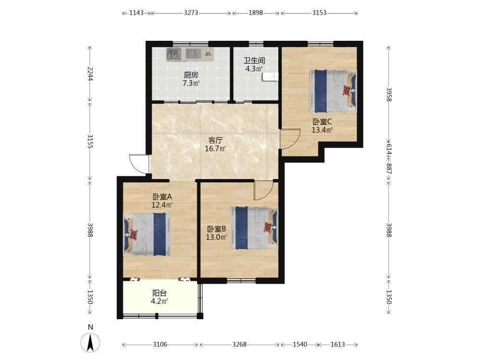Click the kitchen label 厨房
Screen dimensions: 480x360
click(191, 75)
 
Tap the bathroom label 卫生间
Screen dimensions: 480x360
click(254, 60)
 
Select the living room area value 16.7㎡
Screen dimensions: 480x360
click(215, 149)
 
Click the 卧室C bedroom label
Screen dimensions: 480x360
click(322, 122)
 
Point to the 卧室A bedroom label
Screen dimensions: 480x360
click(162, 196)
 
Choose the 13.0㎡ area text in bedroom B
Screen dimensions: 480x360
click(216, 237)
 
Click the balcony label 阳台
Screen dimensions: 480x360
click(159, 293)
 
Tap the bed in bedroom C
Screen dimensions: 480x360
click(333, 91)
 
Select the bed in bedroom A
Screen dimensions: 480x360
click(147, 234)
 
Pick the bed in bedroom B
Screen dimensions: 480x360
click(254, 228)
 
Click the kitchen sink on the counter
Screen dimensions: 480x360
click(173, 54)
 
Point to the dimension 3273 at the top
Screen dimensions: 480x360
click(191, 13)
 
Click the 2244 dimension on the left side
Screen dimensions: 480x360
click(90, 73)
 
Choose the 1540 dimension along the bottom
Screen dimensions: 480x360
click(300, 344)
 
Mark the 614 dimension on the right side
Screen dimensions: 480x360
click(389, 149)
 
